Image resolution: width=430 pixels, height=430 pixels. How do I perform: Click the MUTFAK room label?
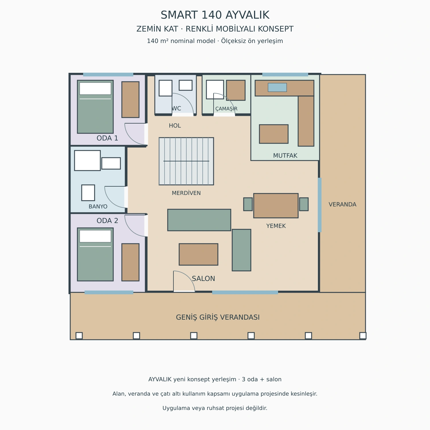pyautogui.click(x=285, y=156)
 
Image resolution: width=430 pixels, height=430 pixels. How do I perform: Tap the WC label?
pyautogui.click(x=176, y=109)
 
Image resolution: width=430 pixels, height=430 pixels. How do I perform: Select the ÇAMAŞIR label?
pyautogui.click(x=226, y=109)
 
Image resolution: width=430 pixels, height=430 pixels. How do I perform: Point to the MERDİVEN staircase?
pyautogui.click(x=186, y=161)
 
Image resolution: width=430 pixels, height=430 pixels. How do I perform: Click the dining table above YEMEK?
pyautogui.click(x=276, y=206)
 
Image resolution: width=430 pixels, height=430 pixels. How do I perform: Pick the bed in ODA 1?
pyautogui.click(x=95, y=107)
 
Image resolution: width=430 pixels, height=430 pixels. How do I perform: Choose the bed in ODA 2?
pyautogui.click(x=95, y=254)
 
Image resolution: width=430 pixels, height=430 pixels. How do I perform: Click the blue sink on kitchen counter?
pyautogui.click(x=277, y=87)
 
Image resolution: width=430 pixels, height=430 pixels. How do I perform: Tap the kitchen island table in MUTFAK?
pyautogui.click(x=274, y=134)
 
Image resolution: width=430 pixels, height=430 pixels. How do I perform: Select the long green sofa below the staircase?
pyautogui.click(x=199, y=220)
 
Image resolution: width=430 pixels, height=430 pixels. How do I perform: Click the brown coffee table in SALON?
pyautogui.click(x=198, y=254)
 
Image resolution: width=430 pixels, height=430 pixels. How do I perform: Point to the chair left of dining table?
pyautogui.click(x=248, y=204)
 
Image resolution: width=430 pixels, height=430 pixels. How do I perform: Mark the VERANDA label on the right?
pyautogui.click(x=343, y=204)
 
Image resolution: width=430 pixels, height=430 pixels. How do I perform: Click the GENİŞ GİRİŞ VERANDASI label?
pyautogui.click(x=218, y=317)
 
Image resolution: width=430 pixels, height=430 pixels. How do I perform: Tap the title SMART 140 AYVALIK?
pyautogui.click(x=215, y=15)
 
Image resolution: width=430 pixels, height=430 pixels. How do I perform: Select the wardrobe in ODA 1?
pyautogui.click(x=130, y=99)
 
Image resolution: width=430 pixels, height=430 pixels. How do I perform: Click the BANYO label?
pyautogui.click(x=98, y=206)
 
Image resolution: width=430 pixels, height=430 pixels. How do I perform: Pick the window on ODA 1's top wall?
pyautogui.click(x=108, y=75)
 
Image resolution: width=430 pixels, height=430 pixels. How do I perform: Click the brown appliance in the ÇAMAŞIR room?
pyautogui.click(x=236, y=90)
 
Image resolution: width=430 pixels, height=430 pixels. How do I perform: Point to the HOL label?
pyautogui.click(x=175, y=126)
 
